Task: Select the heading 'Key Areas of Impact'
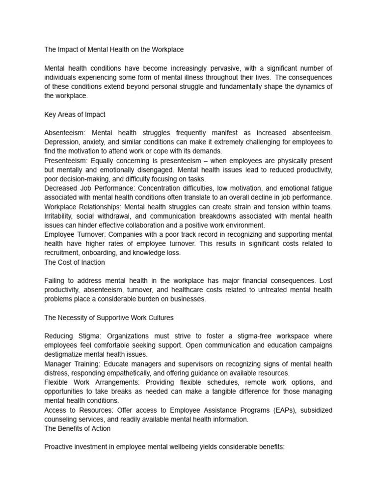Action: [x=75, y=114]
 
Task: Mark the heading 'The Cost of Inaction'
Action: [x=75, y=262]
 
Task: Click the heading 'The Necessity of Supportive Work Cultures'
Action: [x=108, y=318]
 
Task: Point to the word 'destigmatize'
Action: [x=64, y=354]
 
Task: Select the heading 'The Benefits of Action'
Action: [x=77, y=428]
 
